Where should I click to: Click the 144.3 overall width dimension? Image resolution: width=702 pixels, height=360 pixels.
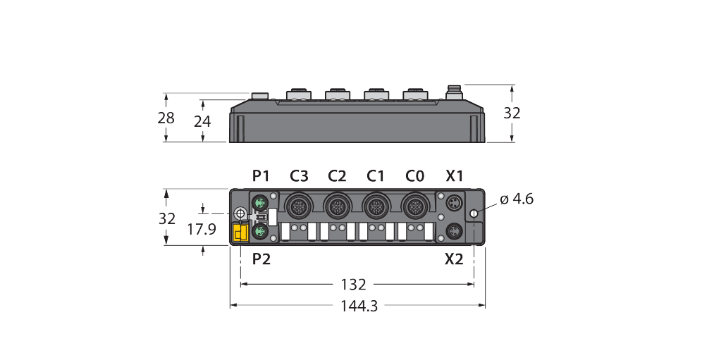[x=359, y=306]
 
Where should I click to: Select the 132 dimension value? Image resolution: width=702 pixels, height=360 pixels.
[x=354, y=285]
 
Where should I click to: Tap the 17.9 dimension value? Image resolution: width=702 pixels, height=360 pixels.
[x=202, y=229]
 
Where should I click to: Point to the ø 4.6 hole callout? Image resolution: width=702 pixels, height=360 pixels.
[x=517, y=199]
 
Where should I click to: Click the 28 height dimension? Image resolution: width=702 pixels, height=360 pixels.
[x=166, y=118]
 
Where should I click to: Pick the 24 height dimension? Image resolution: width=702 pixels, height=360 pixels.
[x=202, y=121]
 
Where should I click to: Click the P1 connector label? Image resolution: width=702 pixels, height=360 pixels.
[x=261, y=176]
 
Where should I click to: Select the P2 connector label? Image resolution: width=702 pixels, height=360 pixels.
[x=261, y=259]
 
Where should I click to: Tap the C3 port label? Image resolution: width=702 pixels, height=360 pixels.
[x=299, y=176]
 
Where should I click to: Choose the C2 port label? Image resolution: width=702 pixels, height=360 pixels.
[x=337, y=176]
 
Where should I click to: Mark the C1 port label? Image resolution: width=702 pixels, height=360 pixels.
[x=375, y=176]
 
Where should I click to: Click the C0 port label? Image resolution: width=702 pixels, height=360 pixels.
[x=414, y=176]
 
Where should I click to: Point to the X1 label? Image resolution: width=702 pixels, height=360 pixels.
[x=454, y=176]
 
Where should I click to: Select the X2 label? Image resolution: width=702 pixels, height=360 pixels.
[x=454, y=259]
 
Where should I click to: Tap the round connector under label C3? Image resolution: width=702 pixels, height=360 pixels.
[x=299, y=206]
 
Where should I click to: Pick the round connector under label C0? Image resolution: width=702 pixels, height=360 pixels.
[x=414, y=206]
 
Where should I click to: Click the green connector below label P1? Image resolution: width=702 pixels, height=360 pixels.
[x=260, y=202]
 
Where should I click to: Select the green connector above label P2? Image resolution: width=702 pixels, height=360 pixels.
[x=260, y=232]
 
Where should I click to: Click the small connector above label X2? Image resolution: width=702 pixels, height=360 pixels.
[x=454, y=231]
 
